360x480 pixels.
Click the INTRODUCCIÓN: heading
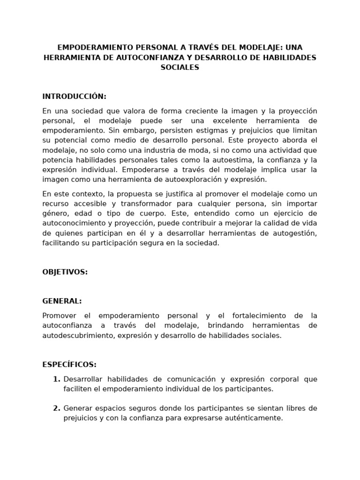click(75, 97)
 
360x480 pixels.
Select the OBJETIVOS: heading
click(65, 272)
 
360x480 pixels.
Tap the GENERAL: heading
click(62, 301)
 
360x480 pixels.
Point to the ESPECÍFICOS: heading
click(69, 364)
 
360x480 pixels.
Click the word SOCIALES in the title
click(180, 67)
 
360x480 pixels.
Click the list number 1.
click(56, 379)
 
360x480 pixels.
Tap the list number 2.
click(56, 408)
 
